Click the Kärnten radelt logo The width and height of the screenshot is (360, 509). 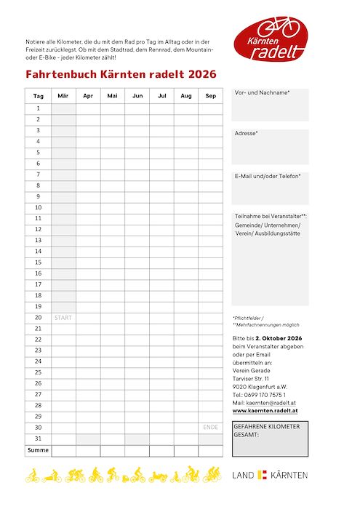(x=271, y=39)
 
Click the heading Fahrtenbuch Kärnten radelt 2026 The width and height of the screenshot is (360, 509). (x=121, y=74)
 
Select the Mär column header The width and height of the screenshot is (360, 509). (x=63, y=96)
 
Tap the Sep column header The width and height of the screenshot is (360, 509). (x=210, y=96)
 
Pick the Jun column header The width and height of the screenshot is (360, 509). (x=137, y=96)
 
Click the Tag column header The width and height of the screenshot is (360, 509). (x=39, y=96)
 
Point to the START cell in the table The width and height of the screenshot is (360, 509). (x=63, y=318)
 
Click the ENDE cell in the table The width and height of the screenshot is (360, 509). (x=210, y=428)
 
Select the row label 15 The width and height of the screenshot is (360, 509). (x=39, y=262)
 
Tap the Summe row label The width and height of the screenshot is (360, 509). (x=38, y=451)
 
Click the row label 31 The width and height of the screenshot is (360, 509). (x=39, y=438)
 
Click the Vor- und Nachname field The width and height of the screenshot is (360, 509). (x=270, y=105)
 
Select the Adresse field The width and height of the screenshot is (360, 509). (x=270, y=147)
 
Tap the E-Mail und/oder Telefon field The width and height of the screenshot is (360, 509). (x=270, y=188)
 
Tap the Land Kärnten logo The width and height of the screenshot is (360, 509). (x=270, y=475)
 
